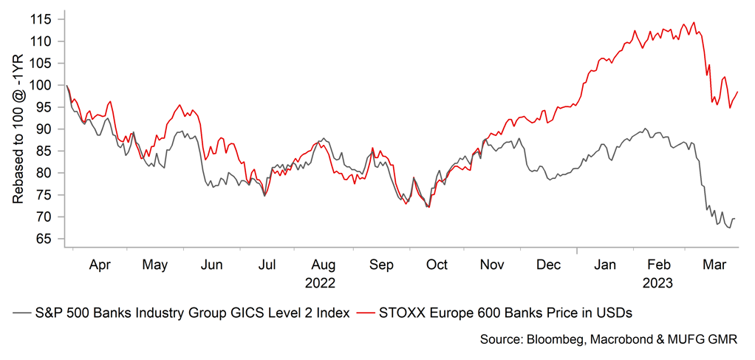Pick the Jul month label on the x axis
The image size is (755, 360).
267,265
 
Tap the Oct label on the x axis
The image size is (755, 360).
437,265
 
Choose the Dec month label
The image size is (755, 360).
548,265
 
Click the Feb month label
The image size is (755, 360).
658,265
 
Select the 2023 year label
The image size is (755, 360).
658,282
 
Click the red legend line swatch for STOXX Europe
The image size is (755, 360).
366,313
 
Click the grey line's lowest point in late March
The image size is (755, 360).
729,228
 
